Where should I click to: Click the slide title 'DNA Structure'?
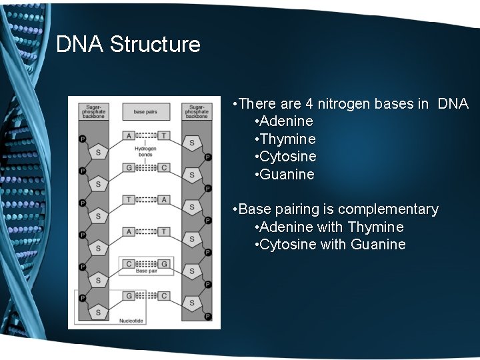pyautogui.click(x=128, y=45)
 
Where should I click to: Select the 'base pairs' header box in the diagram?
pyautogui.click(x=145, y=111)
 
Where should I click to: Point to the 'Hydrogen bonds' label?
pyautogui.click(x=145, y=151)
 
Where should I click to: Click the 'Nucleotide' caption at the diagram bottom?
pyautogui.click(x=131, y=321)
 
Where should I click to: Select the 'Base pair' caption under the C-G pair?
pyautogui.click(x=146, y=271)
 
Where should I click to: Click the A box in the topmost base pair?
pyautogui.click(x=129, y=135)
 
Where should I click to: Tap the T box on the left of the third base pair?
pyautogui.click(x=129, y=199)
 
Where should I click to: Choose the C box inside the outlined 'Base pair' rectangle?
pyautogui.click(x=129, y=263)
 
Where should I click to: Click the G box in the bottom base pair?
pyautogui.click(x=129, y=295)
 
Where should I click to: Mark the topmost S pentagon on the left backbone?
pyautogui.click(x=99, y=152)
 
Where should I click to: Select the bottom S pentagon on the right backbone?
pyautogui.click(x=192, y=303)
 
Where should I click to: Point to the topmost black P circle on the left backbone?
pyautogui.click(x=83, y=139)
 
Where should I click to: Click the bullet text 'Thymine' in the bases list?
pyautogui.click(x=288, y=139)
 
